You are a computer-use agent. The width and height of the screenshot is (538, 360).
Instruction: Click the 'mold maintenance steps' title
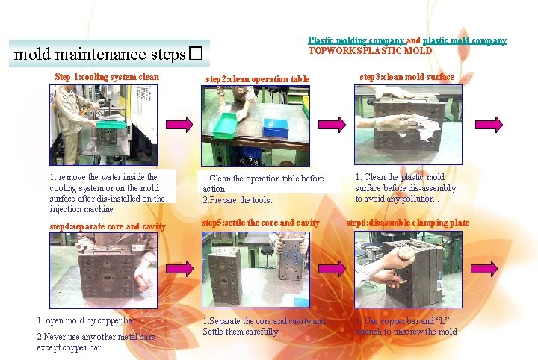pyautogui.click(x=101, y=55)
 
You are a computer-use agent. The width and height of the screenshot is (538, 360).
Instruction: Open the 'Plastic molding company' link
pyautogui.click(x=356, y=40)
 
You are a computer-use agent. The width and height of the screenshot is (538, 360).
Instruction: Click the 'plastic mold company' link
pyautogui.click(x=465, y=40)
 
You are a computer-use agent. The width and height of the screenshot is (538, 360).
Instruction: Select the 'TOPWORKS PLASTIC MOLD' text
pyautogui.click(x=370, y=51)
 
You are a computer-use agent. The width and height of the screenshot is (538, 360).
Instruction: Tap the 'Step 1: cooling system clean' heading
pyautogui.click(x=107, y=76)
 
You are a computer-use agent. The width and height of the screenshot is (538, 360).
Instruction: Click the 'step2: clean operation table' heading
pyautogui.click(x=258, y=78)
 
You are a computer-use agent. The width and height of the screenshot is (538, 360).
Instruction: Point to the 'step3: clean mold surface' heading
pyautogui.click(x=406, y=77)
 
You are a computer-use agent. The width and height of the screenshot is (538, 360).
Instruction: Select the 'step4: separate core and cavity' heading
pyautogui.click(x=108, y=226)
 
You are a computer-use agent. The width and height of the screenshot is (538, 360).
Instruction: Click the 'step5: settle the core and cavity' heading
pyautogui.click(x=261, y=223)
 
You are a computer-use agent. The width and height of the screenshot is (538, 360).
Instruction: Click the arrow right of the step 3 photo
pyautogui.click(x=489, y=123)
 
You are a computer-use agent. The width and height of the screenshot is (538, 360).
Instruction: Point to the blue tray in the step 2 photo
pyautogui.click(x=275, y=127)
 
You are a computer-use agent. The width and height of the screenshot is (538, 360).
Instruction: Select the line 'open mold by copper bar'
pyautogui.click(x=87, y=321)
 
